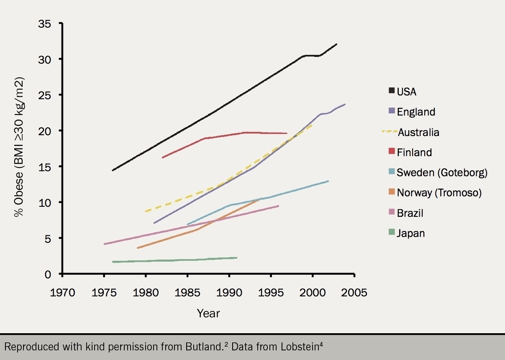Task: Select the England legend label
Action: click(412, 112)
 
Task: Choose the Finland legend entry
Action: click(410, 152)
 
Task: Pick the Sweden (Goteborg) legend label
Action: click(438, 172)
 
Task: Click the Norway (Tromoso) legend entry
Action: click(435, 193)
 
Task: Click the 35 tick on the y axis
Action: click(45, 23)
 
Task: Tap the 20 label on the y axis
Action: click(45, 131)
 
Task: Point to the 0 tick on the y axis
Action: click(48, 274)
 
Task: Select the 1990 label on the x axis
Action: click(229, 292)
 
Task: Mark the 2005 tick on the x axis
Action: click(354, 292)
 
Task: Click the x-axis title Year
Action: click(208, 313)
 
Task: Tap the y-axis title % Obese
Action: click(19, 147)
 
